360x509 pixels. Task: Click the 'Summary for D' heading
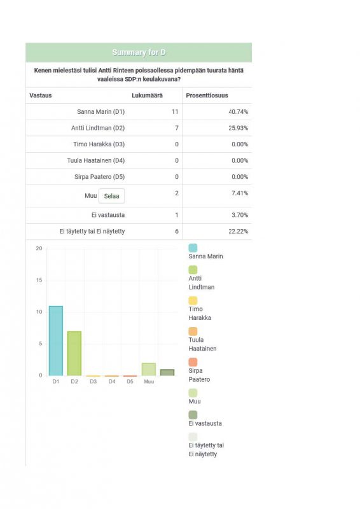pyautogui.click(x=139, y=52)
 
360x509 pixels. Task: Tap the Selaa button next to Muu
pyautogui.click(x=111, y=196)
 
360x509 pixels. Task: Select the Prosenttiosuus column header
pyautogui.click(x=207, y=95)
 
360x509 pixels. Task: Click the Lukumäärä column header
pyautogui.click(x=147, y=95)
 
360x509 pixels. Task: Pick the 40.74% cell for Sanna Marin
pyautogui.click(x=239, y=112)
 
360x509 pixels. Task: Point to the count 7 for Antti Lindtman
pyautogui.click(x=177, y=128)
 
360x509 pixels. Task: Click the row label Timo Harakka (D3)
pyautogui.click(x=99, y=144)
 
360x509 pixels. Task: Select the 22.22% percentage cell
pyautogui.click(x=239, y=231)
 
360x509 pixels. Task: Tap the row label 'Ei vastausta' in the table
pyautogui.click(x=108, y=215)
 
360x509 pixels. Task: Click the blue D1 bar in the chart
pyautogui.click(x=56, y=341)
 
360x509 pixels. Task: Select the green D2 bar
pyautogui.click(x=74, y=354)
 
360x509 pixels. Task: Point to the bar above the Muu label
pyautogui.click(x=149, y=370)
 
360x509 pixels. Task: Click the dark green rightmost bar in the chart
pyautogui.click(x=167, y=373)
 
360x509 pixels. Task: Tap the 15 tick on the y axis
pyautogui.click(x=39, y=280)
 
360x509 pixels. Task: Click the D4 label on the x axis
pyautogui.click(x=112, y=381)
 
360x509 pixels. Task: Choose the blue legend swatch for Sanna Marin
pyautogui.click(x=193, y=248)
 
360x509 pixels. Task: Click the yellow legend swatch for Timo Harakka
pyautogui.click(x=193, y=300)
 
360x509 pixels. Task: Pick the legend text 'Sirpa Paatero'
pyautogui.click(x=199, y=375)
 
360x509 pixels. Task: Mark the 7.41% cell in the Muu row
pyautogui.click(x=240, y=193)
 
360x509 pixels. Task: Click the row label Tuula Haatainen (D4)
pyautogui.click(x=96, y=160)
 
